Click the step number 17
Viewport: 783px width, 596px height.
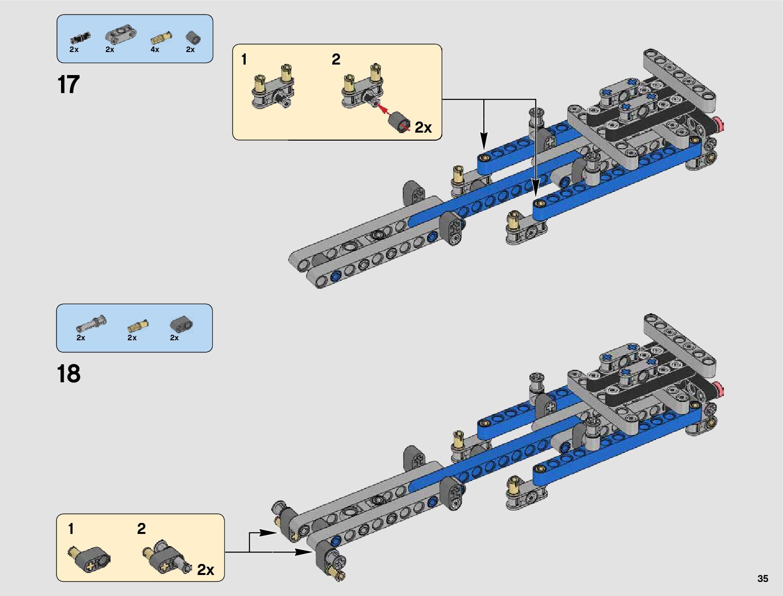(x=69, y=85)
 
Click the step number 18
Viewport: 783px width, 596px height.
(x=69, y=374)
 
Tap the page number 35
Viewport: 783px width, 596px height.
(x=762, y=578)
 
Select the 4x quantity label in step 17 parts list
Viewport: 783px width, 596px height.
(x=155, y=50)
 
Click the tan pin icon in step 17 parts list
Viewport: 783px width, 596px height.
(x=162, y=37)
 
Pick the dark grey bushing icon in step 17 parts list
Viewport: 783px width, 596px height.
(x=193, y=38)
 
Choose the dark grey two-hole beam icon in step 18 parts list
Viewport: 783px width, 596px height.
(x=181, y=325)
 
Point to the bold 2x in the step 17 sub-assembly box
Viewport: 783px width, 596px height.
(x=423, y=128)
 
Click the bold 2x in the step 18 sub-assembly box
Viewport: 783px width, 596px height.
(x=205, y=569)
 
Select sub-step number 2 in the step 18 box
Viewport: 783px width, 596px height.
(x=142, y=528)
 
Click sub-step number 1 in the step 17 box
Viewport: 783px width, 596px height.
(x=244, y=60)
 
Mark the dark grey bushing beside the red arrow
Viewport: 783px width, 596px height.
(x=400, y=122)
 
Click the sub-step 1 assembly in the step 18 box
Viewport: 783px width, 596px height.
(x=89, y=558)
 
